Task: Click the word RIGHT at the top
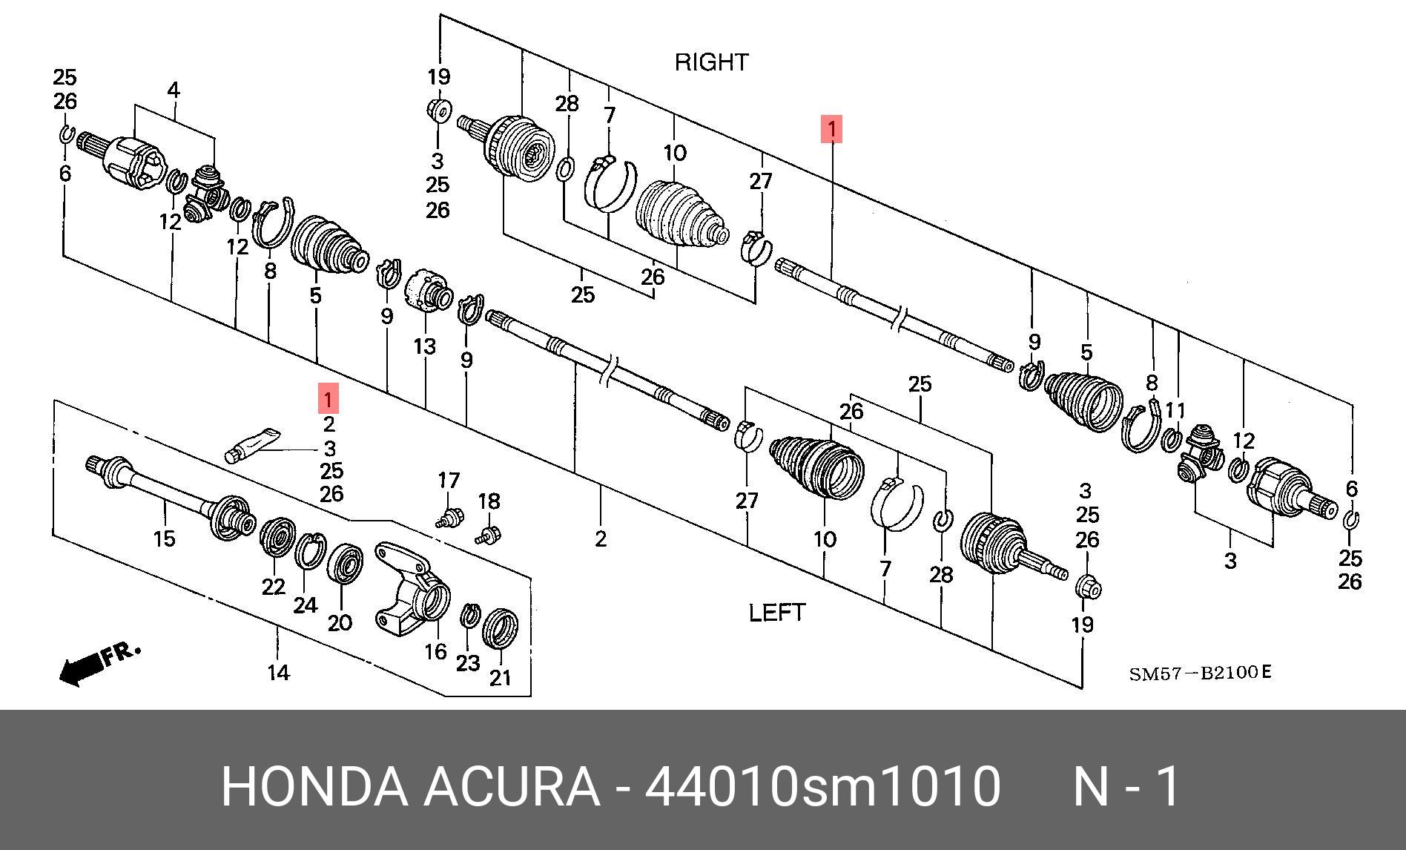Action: click(711, 62)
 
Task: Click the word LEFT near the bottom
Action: click(776, 613)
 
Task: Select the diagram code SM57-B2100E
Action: click(1199, 673)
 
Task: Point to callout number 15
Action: click(164, 538)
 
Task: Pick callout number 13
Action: click(425, 346)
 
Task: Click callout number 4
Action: click(173, 90)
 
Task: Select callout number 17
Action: click(448, 481)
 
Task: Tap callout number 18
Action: click(489, 501)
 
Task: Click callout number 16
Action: click(435, 650)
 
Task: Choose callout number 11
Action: click(1175, 410)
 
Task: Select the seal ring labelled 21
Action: click(501, 627)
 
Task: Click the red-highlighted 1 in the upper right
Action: click(831, 129)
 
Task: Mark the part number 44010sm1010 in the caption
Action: click(822, 786)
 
